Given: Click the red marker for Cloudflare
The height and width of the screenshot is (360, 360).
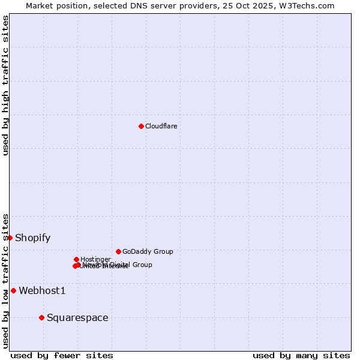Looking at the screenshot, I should tap(141, 126).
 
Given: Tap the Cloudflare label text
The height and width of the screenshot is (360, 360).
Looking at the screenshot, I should tap(161, 126).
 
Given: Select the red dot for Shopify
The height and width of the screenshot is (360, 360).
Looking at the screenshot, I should tap(10, 238).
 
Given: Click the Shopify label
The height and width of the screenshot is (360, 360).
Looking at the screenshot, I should tap(32, 238).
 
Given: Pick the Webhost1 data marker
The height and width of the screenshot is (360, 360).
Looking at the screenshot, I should tap(13, 290).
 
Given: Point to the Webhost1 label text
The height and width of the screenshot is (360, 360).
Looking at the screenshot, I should tap(42, 291).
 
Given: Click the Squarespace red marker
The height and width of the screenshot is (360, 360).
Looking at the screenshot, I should tap(41, 317).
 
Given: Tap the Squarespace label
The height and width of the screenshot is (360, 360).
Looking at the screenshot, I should tap(77, 318).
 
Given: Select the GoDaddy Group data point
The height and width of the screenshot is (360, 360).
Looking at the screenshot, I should tap(118, 251).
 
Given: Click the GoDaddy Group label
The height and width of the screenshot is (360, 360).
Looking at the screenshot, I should tap(148, 251).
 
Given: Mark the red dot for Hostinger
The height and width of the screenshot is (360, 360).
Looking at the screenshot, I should tap(76, 259).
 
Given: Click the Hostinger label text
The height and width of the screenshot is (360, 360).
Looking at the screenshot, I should tap(95, 259).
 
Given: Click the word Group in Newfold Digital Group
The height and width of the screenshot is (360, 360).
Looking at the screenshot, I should tap(142, 265).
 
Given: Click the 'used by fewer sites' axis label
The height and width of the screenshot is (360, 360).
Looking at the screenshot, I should tap(62, 355).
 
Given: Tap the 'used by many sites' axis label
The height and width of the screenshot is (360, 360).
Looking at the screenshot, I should tap(301, 355).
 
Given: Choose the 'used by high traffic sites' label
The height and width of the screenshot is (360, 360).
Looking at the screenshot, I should tap(5, 85).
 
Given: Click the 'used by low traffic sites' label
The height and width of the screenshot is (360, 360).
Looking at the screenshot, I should tap(5, 281).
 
